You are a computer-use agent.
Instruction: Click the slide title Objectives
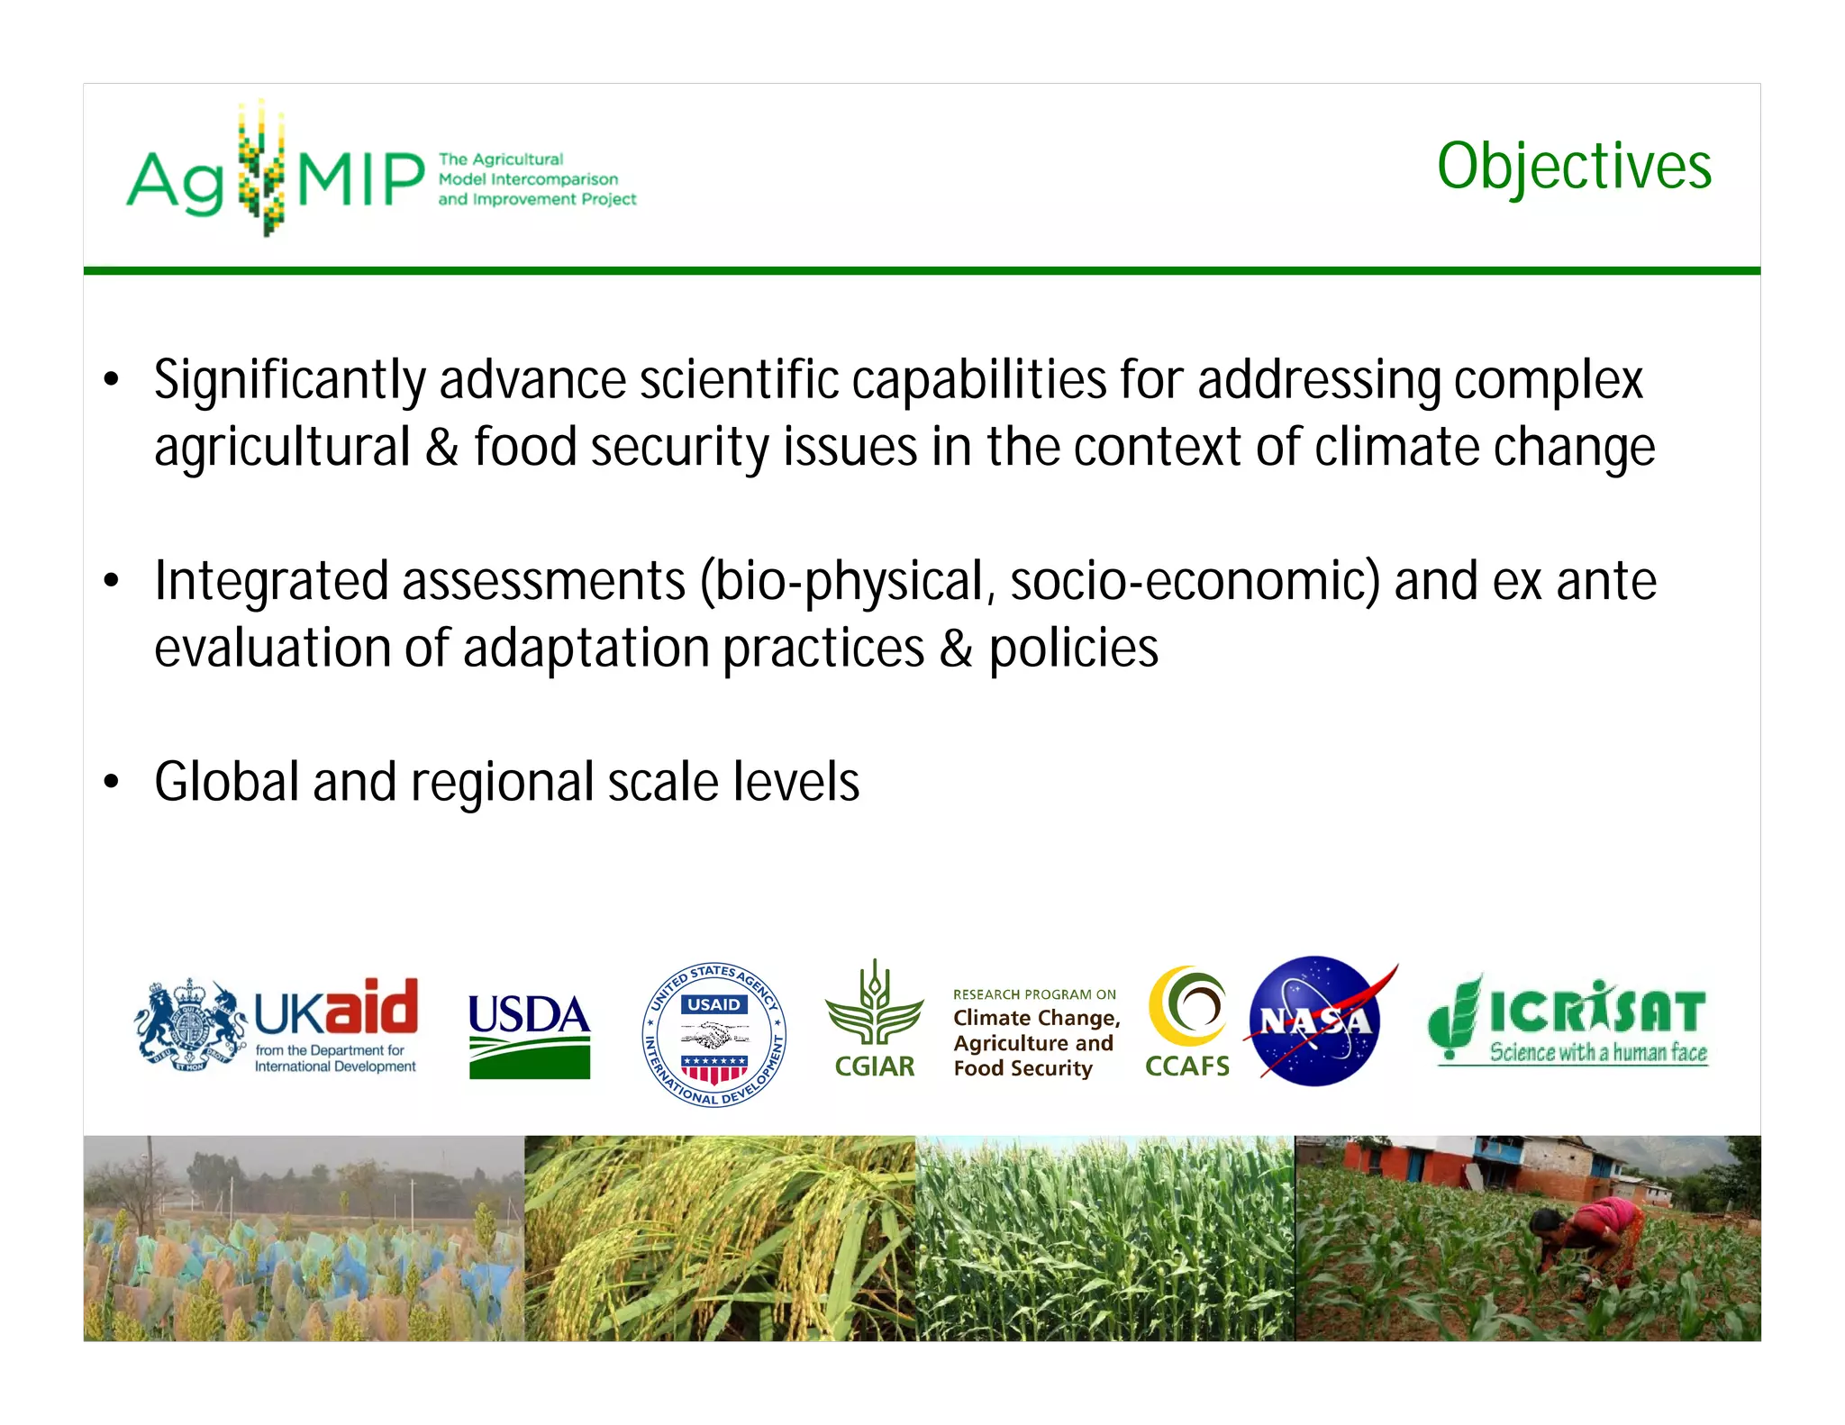[1573, 167]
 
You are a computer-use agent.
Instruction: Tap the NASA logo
[1315, 1021]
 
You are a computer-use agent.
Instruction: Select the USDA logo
[530, 1035]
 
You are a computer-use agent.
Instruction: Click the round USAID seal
[714, 1034]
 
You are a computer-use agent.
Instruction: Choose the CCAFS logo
[1187, 1021]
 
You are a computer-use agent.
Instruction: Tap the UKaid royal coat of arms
[190, 1026]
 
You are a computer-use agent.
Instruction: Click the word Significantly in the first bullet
[289, 380]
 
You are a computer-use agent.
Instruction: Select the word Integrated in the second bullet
[270, 581]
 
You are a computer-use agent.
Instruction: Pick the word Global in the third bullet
[226, 782]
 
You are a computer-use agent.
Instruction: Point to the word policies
[1073, 649]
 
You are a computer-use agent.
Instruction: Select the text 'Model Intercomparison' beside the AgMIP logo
[528, 179]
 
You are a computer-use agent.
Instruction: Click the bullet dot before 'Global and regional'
[111, 782]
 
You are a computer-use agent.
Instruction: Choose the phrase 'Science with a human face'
[1597, 1052]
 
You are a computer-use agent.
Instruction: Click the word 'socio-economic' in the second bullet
[1195, 581]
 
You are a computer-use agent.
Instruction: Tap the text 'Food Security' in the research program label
[1022, 1068]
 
